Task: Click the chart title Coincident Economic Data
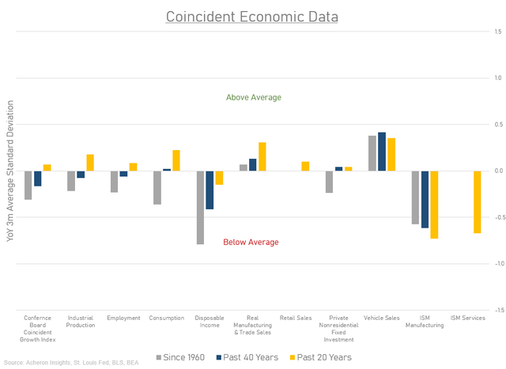pyautogui.click(x=253, y=17)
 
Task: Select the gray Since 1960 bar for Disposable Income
pyautogui.click(x=201, y=207)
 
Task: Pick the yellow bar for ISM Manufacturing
pyautogui.click(x=434, y=205)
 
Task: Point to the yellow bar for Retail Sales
pyautogui.click(x=305, y=166)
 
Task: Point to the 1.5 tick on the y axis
pyautogui.click(x=497, y=32)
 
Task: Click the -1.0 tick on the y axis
pyautogui.click(x=496, y=264)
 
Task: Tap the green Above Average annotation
pyautogui.click(x=253, y=97)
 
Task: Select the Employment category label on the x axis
pyautogui.click(x=124, y=318)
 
